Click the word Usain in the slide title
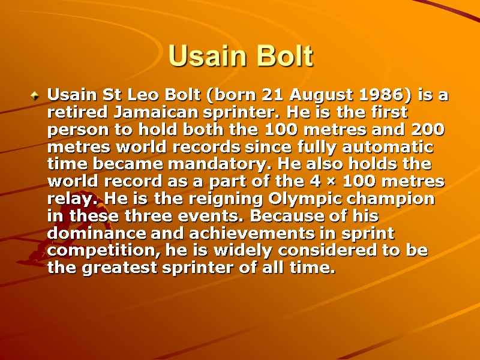[204, 56]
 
